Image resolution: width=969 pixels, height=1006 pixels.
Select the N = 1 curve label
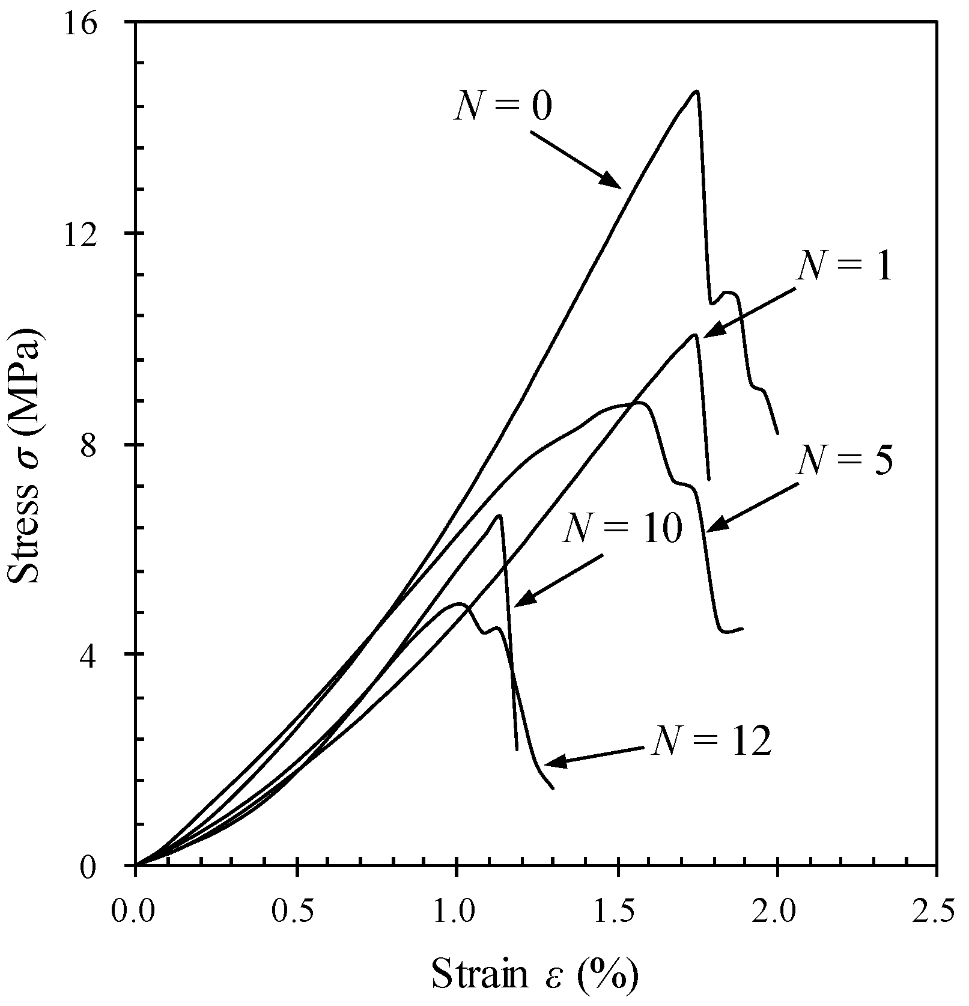pos(845,265)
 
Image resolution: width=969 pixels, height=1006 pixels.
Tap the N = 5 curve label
pos(845,460)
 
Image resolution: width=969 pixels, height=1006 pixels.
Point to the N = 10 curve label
pos(622,529)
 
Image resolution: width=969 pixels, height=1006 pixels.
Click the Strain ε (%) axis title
pos(535,974)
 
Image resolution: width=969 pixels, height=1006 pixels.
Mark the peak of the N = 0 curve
pos(696,91)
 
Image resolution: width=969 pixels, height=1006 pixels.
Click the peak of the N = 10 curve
pos(499,515)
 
